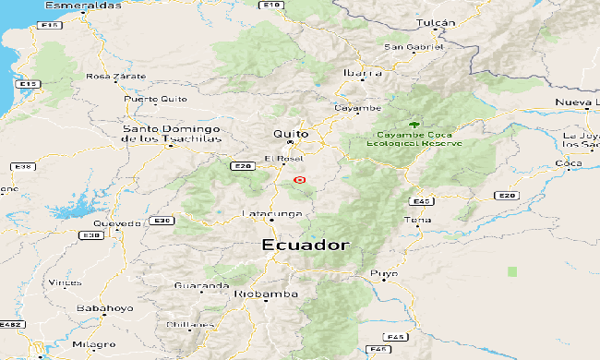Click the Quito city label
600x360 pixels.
coord(290,134)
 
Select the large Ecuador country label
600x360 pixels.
coord(306,246)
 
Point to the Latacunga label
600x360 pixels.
coord(271,213)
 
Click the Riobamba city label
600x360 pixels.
coord(268,294)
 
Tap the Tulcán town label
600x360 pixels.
coord(437,22)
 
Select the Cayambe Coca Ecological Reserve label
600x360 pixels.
coord(414,139)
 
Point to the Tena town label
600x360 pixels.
coord(418,221)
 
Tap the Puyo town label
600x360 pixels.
coord(384,273)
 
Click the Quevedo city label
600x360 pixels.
coord(117,222)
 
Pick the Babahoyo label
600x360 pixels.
coord(105,307)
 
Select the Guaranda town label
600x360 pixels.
coord(200,286)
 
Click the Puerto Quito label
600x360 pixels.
coord(155,99)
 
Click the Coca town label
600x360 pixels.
coord(568,163)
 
